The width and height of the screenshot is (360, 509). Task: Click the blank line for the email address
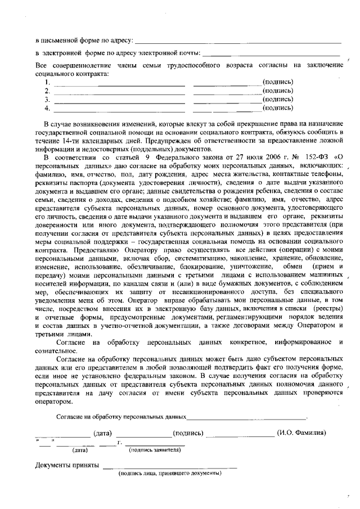click(271, 55)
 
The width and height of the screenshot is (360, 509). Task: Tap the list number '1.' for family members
click(48, 82)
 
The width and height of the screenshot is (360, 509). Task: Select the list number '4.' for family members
click(48, 107)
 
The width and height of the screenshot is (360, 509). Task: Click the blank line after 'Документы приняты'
click(169, 467)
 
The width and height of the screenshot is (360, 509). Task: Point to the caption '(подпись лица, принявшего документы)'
click(169, 473)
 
